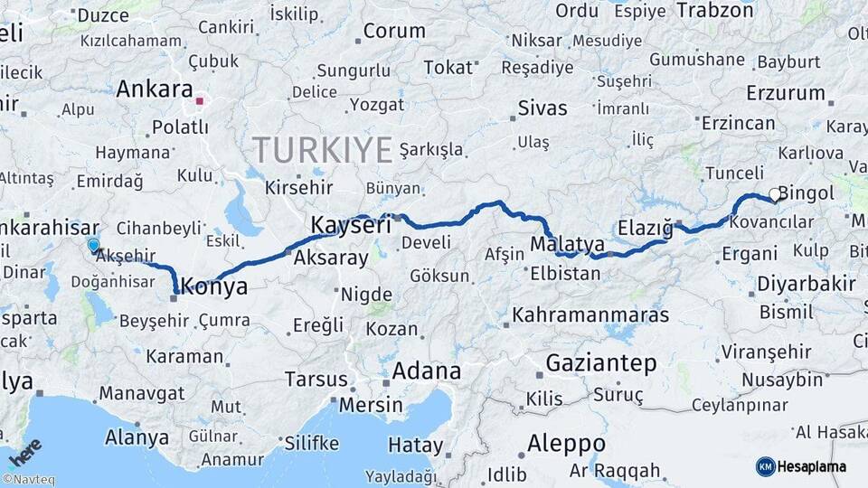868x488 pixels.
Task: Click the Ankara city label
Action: point(154,90)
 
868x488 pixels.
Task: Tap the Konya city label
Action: point(214,287)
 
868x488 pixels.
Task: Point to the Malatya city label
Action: point(567,244)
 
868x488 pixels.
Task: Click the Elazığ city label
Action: point(646,227)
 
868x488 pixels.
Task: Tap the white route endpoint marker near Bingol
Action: point(775,193)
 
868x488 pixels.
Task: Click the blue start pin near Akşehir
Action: point(93,245)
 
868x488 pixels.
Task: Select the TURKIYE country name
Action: point(322,149)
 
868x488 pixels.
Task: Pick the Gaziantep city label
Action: point(601,363)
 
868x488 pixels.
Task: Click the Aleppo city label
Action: point(567,444)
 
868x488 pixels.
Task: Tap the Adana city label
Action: point(426,371)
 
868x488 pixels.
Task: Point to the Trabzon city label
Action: point(714,11)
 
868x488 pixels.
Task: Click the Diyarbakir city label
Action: point(806,284)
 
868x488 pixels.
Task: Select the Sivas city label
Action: point(542,108)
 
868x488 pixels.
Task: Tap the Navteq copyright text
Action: point(28,480)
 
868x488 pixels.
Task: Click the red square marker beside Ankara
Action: point(199,100)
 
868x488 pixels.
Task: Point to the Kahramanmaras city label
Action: point(590,315)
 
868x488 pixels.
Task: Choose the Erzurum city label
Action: point(786,93)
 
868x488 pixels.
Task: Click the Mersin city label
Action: point(371,404)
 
